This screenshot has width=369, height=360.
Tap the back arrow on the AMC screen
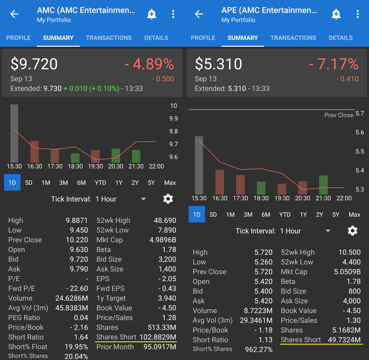click(x=14, y=14)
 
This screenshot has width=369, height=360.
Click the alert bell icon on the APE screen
click(x=336, y=14)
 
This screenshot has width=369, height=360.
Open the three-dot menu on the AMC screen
click(x=173, y=14)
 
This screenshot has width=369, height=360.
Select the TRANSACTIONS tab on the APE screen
click(x=293, y=38)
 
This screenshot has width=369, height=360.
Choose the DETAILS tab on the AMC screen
click(x=156, y=38)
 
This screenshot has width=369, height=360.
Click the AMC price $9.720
click(x=34, y=64)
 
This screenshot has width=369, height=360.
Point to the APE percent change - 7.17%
click(x=333, y=64)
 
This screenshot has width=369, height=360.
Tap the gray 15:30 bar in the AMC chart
click(x=14, y=133)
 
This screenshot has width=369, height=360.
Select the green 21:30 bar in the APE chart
click(x=323, y=185)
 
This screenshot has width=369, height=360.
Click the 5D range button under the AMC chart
click(x=29, y=183)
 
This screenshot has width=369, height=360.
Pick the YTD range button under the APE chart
click(x=285, y=215)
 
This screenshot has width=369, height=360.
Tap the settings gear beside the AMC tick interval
click(x=168, y=199)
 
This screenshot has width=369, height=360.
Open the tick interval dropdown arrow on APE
click(x=328, y=231)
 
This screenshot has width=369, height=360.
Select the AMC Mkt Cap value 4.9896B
click(x=163, y=240)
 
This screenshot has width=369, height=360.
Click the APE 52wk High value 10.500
click(x=349, y=253)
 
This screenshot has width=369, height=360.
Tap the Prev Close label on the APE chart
click(x=339, y=115)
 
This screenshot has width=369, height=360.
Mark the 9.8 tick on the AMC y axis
click(x=174, y=131)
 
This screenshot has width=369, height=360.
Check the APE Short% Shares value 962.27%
click(x=259, y=349)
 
